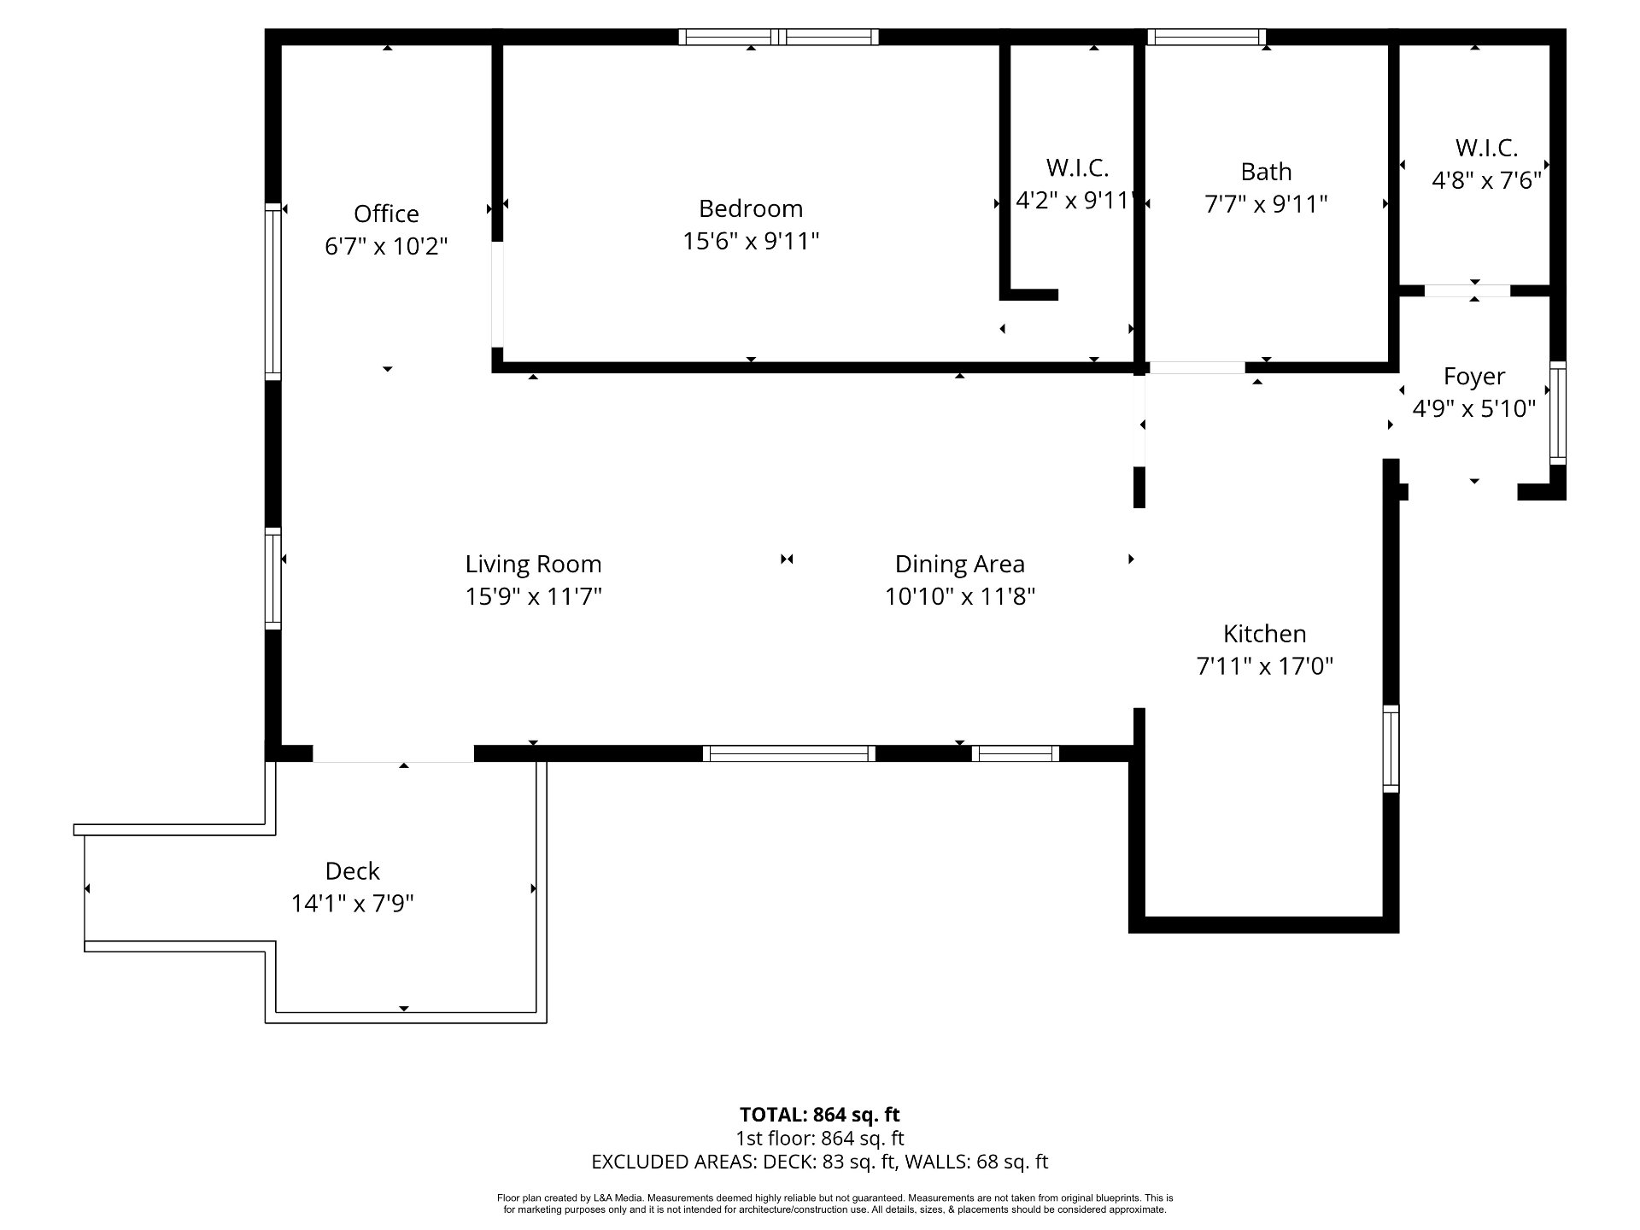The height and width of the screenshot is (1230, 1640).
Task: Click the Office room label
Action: (386, 214)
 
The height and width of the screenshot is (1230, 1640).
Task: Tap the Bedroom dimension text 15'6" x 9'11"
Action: (751, 242)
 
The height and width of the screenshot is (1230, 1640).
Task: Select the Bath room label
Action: (1266, 172)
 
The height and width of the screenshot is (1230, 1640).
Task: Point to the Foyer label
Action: (1474, 377)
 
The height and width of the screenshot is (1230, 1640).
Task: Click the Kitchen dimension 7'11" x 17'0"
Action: (1265, 666)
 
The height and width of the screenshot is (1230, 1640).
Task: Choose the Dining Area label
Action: (960, 564)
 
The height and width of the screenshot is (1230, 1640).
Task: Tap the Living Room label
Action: (534, 564)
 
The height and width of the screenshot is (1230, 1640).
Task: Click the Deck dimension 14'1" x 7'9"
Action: (353, 904)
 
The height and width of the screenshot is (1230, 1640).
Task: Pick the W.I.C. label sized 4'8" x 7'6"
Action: (1487, 148)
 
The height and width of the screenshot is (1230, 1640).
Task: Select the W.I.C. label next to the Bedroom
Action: (1077, 167)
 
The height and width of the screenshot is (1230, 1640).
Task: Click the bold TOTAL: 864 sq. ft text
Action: (820, 1115)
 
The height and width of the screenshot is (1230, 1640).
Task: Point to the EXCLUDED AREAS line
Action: (820, 1162)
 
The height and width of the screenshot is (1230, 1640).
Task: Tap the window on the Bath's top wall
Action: (1206, 37)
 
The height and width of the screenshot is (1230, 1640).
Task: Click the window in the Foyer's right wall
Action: (1558, 413)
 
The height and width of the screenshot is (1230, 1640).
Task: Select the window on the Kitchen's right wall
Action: (1391, 748)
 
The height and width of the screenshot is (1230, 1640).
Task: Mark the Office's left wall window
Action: (272, 291)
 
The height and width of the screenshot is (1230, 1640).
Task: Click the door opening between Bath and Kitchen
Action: (1196, 367)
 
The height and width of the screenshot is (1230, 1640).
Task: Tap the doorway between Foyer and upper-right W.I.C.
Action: (1467, 290)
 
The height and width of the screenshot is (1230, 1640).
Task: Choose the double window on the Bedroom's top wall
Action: (779, 37)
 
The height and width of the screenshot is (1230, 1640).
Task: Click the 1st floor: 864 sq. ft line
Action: (820, 1139)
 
